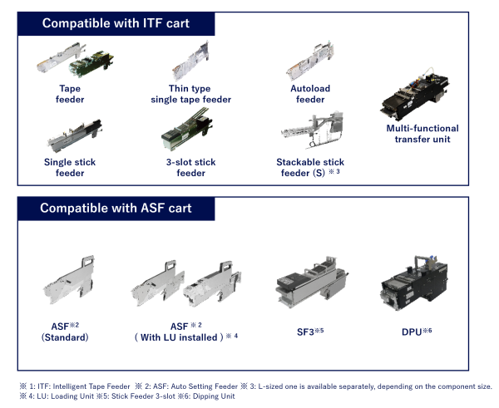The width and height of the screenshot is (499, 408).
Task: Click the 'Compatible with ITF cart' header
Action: coord(116,22)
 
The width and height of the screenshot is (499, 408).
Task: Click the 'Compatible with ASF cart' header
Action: coord(116,208)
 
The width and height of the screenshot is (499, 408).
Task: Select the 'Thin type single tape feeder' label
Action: coord(190,94)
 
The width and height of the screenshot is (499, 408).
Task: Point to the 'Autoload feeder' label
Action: coord(310,94)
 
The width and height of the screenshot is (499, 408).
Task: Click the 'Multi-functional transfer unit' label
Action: coord(422,134)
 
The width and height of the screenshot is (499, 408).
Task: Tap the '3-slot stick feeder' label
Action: coord(190,168)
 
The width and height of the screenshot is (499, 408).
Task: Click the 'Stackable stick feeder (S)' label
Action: coord(310,168)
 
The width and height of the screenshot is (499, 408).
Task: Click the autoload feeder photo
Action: coord(310,61)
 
